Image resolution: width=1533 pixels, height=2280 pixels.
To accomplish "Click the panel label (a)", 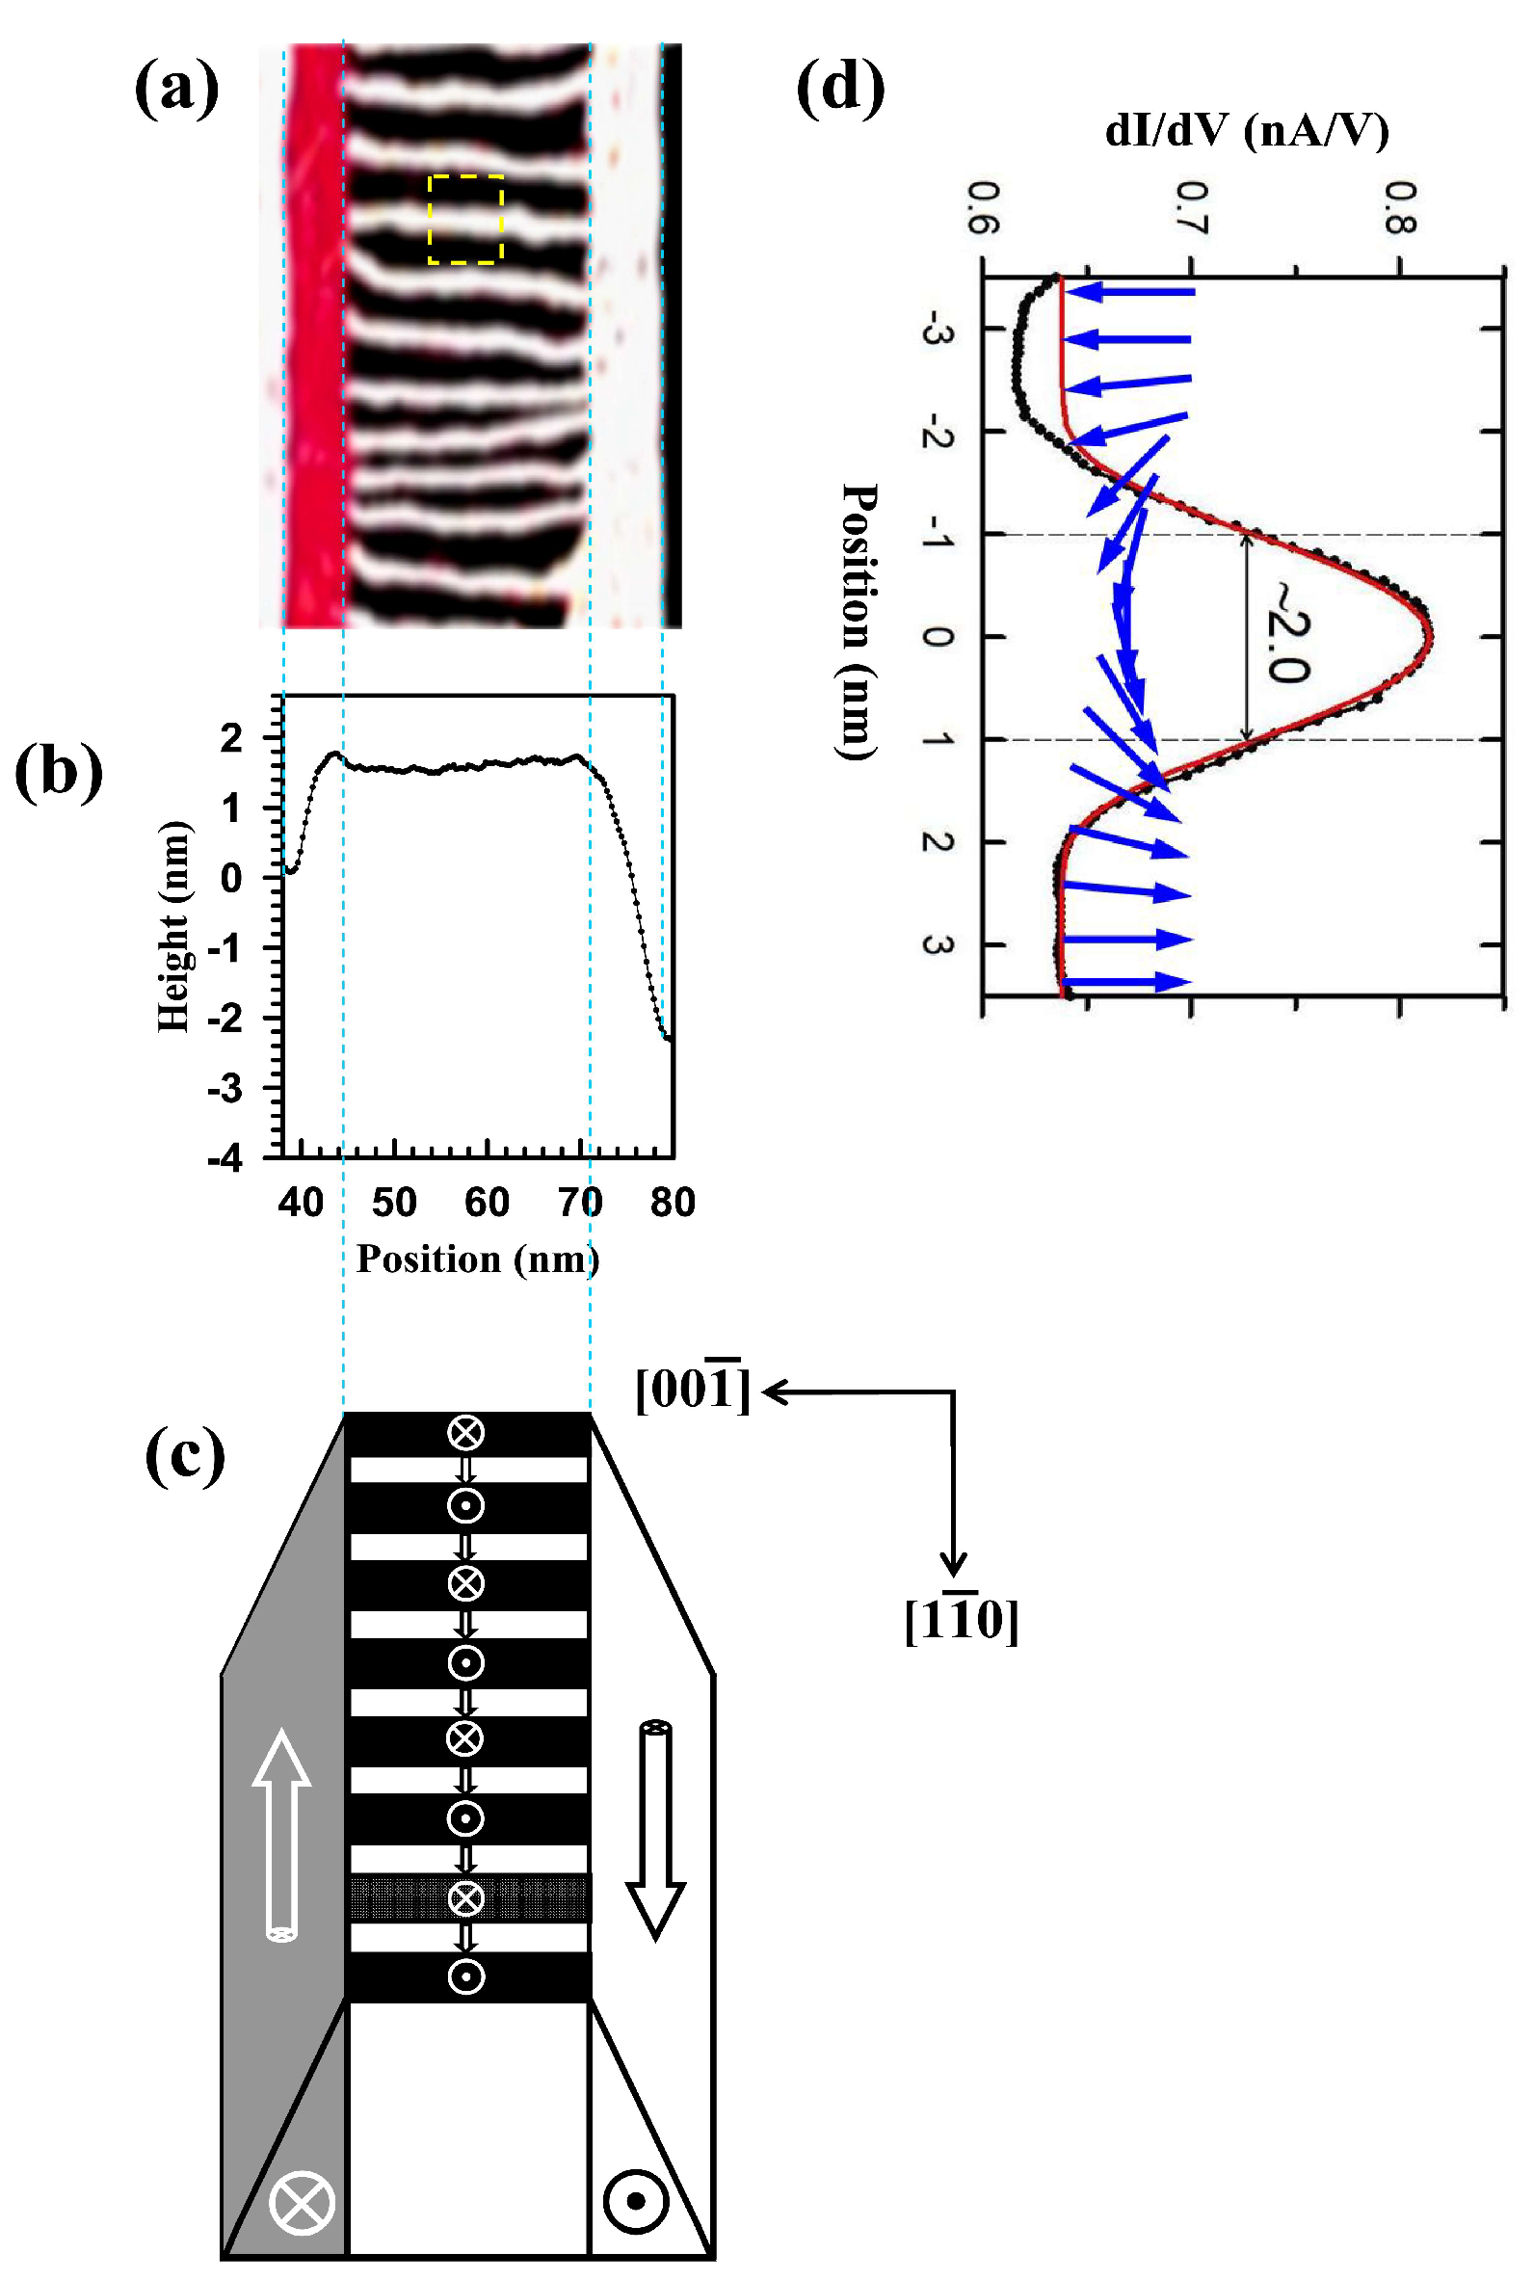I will point(176,90).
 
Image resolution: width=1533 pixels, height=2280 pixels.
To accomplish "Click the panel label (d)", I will point(840,88).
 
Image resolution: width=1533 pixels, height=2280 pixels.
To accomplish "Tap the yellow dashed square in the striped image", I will point(465,219).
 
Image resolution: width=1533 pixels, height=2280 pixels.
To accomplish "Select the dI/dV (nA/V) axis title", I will point(1247,130).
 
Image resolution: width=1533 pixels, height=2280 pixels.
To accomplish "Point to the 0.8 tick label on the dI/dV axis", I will point(1400,207).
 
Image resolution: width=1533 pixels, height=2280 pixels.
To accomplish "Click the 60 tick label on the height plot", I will point(487,1202).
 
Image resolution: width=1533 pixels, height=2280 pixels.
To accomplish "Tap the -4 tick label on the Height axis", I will point(225,1158).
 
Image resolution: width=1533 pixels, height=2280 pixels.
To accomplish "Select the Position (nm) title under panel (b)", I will point(477,1259).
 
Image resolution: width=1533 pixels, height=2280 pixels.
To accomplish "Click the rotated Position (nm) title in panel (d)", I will point(859,621).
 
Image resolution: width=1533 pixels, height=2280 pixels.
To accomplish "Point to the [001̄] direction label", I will point(693,1389).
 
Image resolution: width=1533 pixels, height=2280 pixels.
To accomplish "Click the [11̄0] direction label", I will point(961,1619).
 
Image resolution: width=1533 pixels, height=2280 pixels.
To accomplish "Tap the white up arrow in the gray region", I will point(281,1834).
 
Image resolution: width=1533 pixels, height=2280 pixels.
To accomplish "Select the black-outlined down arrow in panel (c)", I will point(655,1829).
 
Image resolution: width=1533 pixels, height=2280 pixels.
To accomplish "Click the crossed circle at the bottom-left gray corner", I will point(303,2203).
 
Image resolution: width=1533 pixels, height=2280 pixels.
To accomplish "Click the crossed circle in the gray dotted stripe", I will point(465,1897).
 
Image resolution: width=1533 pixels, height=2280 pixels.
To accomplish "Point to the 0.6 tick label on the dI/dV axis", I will point(983,207).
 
